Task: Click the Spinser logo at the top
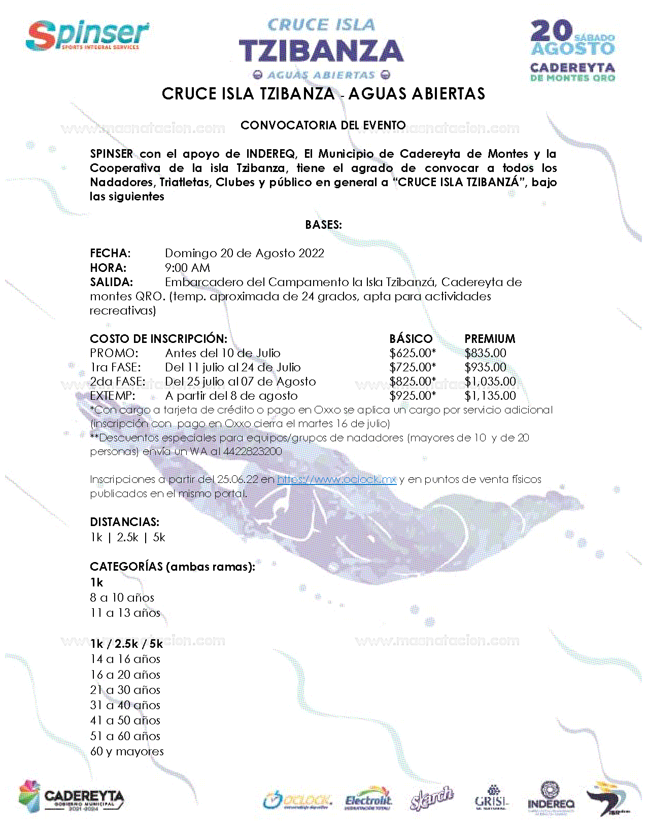87,36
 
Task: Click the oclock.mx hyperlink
336,479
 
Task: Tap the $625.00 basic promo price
412,353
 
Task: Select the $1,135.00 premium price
490,396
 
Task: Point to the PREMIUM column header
490,338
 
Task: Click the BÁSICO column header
411,338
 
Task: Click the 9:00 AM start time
187,268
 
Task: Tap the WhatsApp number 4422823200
252,451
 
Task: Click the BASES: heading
323,225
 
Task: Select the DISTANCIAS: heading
124,522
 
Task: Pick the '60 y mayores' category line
127,751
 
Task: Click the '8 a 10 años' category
122,598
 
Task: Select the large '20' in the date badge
551,31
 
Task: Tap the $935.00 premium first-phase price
485,367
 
